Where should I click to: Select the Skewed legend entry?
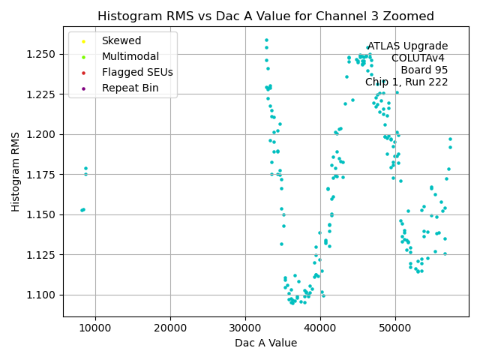[121, 40]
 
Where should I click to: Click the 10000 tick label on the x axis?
[95, 328]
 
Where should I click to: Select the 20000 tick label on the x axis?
[170, 328]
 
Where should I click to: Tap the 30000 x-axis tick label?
[245, 328]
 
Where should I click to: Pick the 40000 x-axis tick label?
[320, 328]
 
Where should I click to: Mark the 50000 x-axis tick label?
[395, 328]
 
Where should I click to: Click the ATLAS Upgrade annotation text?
[407, 46]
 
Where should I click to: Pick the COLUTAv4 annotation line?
[419, 58]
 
